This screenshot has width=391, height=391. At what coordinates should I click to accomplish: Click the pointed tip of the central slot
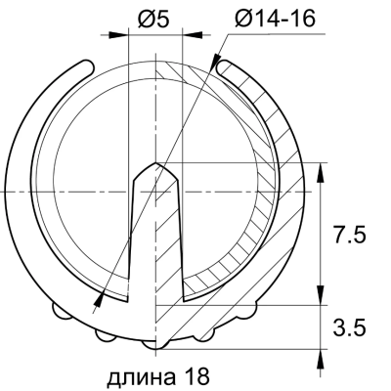point(154,161)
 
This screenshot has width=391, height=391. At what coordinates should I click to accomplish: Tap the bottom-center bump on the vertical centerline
point(153,345)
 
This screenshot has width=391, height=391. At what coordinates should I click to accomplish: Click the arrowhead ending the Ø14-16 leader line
point(101,293)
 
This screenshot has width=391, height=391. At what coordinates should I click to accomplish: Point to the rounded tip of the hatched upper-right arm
point(224,66)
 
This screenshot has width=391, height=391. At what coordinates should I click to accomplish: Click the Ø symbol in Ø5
point(145,20)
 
